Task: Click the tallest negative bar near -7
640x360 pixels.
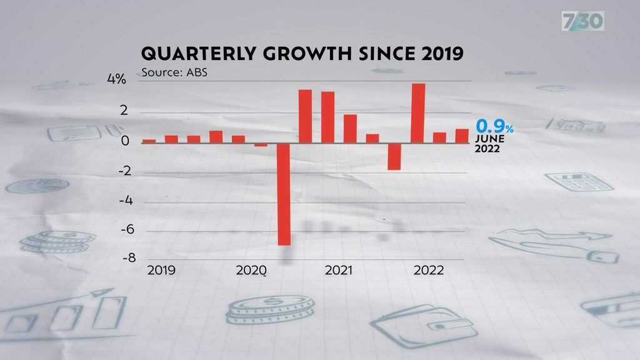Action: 284,194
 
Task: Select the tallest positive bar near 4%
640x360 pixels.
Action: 418,113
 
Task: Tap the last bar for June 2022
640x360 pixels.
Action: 462,136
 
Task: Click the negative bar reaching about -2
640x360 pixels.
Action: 394,156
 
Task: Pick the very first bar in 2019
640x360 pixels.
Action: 149,141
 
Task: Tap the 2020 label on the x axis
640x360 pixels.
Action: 251,271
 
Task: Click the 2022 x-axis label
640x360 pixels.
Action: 429,271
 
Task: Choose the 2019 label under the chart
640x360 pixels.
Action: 161,271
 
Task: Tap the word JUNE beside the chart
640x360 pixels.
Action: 490,139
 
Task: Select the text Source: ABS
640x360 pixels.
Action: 174,71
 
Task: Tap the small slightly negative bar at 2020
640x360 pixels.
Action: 261,144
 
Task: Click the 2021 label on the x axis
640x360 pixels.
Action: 338,271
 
